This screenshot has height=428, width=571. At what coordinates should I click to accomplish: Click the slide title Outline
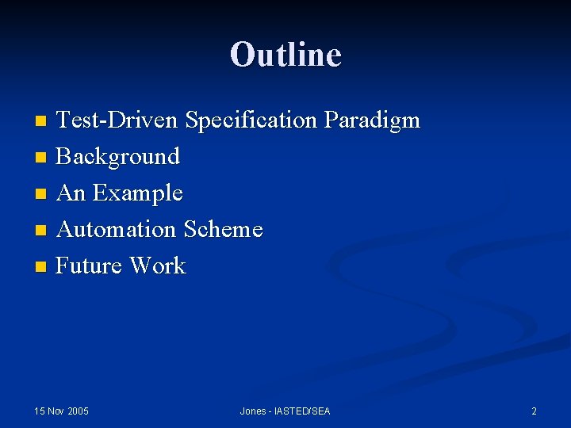(x=285, y=55)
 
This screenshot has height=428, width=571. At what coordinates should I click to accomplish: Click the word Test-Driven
(x=118, y=120)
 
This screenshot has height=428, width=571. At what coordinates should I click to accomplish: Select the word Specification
(x=251, y=120)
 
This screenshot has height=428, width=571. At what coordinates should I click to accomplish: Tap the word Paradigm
(x=371, y=121)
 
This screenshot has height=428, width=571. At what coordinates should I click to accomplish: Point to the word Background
(x=118, y=157)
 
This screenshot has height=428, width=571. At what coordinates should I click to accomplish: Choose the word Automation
(x=117, y=230)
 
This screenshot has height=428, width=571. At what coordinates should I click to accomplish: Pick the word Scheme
(x=223, y=230)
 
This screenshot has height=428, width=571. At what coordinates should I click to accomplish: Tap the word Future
(x=90, y=266)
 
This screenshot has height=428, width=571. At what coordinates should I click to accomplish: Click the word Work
(x=158, y=266)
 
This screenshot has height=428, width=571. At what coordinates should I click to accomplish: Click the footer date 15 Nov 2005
(x=62, y=411)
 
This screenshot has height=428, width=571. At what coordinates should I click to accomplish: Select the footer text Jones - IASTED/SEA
(x=285, y=411)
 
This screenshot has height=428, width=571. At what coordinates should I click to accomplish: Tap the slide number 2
(x=534, y=411)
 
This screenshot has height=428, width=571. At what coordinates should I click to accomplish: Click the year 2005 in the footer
(x=78, y=411)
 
